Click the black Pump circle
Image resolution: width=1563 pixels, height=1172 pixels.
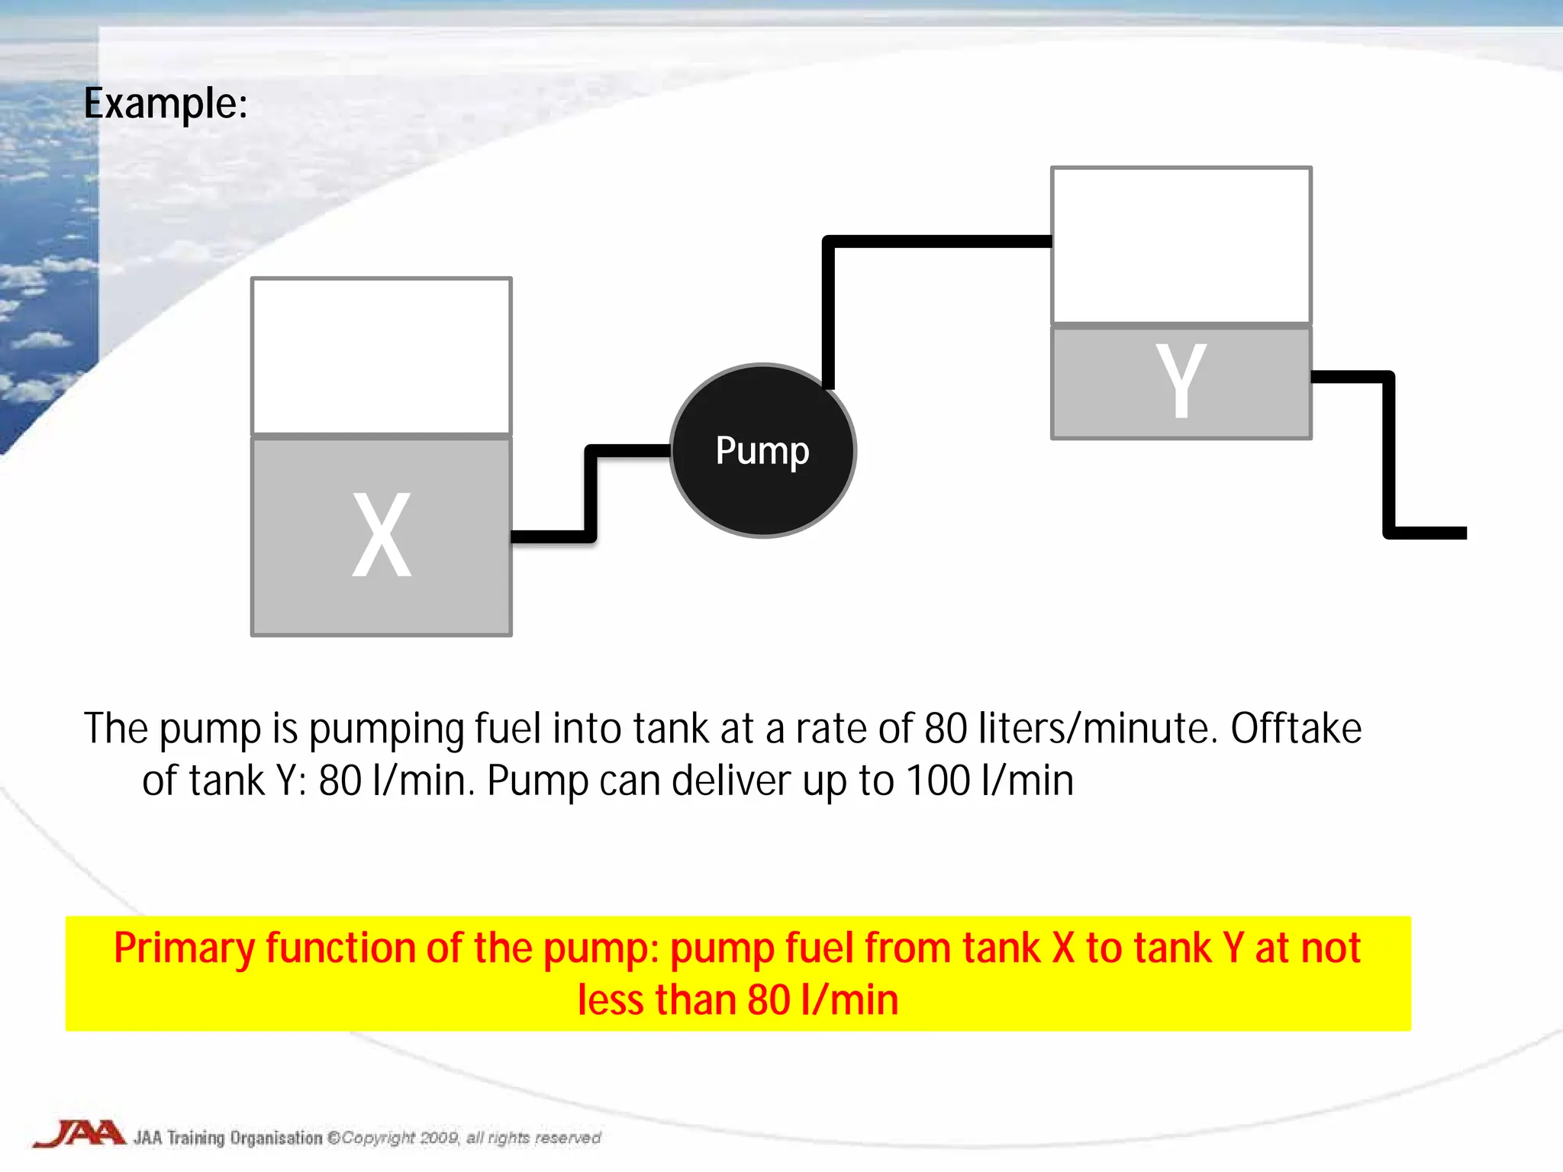coord(762,450)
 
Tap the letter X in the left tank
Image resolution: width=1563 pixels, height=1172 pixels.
coord(382,535)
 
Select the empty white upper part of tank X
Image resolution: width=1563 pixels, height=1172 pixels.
coord(382,356)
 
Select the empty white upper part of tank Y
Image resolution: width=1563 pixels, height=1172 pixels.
coord(1181,245)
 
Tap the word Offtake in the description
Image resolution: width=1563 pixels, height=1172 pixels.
coord(1296,728)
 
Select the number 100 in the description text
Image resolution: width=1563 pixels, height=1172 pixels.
coord(938,781)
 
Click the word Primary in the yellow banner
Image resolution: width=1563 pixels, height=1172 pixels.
coord(184,948)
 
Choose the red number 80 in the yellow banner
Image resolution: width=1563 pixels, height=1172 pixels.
coord(769,1000)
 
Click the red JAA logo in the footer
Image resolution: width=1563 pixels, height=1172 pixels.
coord(79,1134)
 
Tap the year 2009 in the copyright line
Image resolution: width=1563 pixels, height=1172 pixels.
coord(439,1138)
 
